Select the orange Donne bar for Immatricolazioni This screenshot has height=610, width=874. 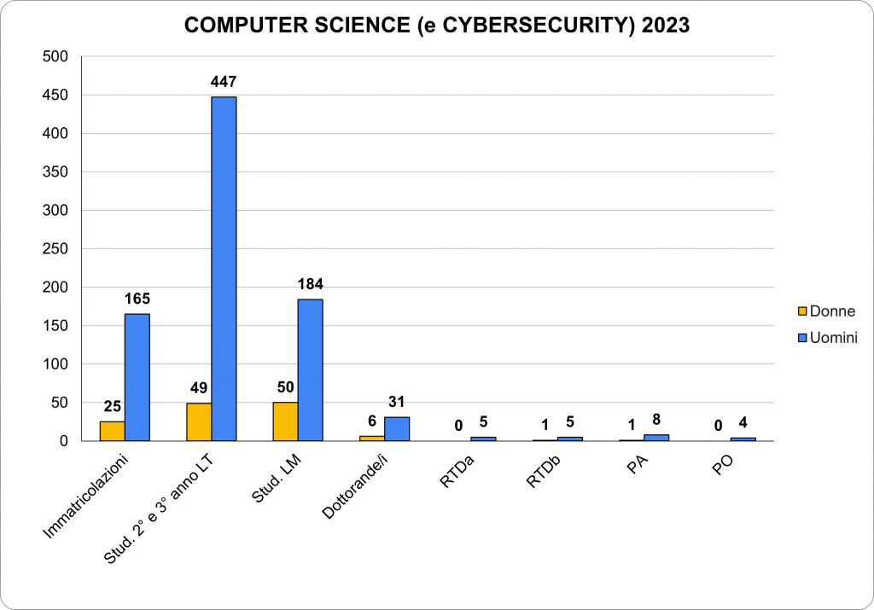click(x=112, y=431)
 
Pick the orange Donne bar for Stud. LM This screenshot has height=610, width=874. click(x=285, y=421)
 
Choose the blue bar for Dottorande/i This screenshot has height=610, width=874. click(x=397, y=428)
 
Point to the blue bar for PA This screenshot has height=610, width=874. click(x=656, y=438)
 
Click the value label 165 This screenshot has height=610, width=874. click(x=137, y=299)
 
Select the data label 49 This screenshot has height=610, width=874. click(x=198, y=387)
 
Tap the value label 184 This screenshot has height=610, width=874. click(x=310, y=284)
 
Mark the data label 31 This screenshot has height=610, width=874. click(x=397, y=402)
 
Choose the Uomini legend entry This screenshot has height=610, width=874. click(x=826, y=338)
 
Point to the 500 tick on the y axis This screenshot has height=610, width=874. click(x=57, y=56)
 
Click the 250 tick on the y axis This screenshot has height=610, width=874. click(x=57, y=249)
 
